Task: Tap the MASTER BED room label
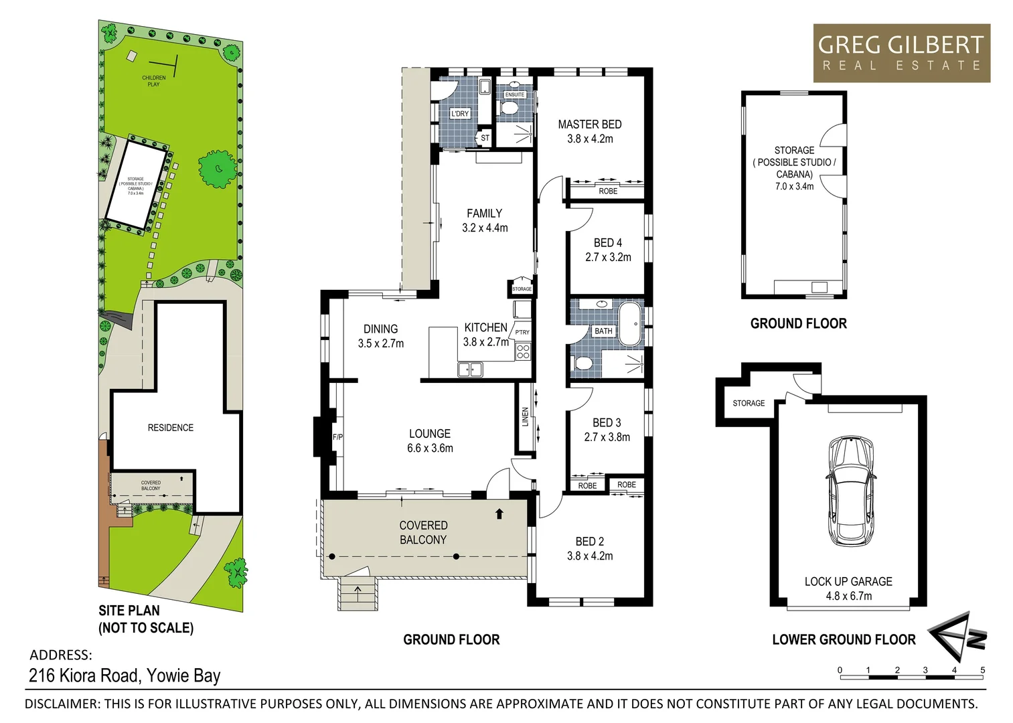coord(589,125)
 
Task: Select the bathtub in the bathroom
coord(630,324)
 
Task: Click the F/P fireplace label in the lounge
coord(337,437)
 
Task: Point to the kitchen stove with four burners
coord(523,352)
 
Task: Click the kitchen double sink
coord(470,369)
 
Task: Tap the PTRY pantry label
coord(522,332)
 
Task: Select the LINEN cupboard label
coord(526,417)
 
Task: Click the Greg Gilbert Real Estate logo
coord(901,54)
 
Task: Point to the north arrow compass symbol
coord(956,636)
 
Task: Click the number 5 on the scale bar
coord(982,670)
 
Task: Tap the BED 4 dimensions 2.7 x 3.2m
coord(608,257)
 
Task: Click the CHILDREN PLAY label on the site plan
coord(153,81)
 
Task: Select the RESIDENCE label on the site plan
coord(170,428)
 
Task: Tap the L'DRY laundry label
coord(460,114)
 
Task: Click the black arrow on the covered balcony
coord(499,514)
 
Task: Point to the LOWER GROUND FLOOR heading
coord(843,639)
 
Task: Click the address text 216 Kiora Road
coord(84,675)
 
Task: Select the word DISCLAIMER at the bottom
coord(62,704)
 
